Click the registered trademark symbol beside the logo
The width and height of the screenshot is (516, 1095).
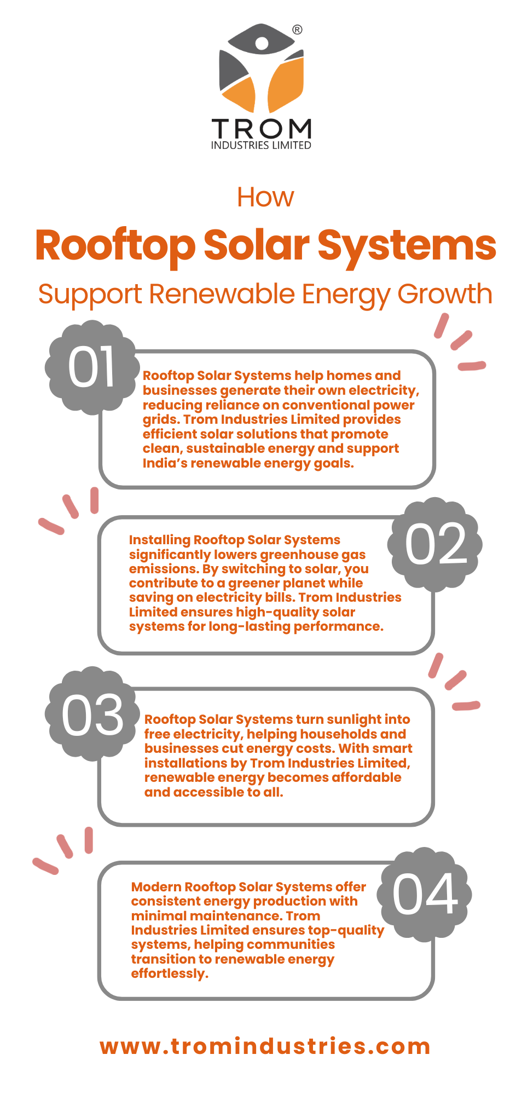coord(297,30)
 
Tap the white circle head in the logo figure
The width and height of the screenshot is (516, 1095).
coord(262,43)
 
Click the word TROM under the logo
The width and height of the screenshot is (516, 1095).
coord(262,129)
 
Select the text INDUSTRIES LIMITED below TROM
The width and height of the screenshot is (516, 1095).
coord(261,146)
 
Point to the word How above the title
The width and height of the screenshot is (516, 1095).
coord(265,197)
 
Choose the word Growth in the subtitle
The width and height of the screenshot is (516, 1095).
coord(445,294)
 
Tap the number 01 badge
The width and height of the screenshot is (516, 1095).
coord(91,367)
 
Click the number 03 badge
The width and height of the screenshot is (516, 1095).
coord(92,714)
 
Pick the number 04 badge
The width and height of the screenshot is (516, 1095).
coord(425,894)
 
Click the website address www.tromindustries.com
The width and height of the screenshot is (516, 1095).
coord(265,1046)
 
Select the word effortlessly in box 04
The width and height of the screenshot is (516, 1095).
coord(170,973)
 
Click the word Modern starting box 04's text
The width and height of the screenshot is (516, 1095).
coord(156,887)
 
